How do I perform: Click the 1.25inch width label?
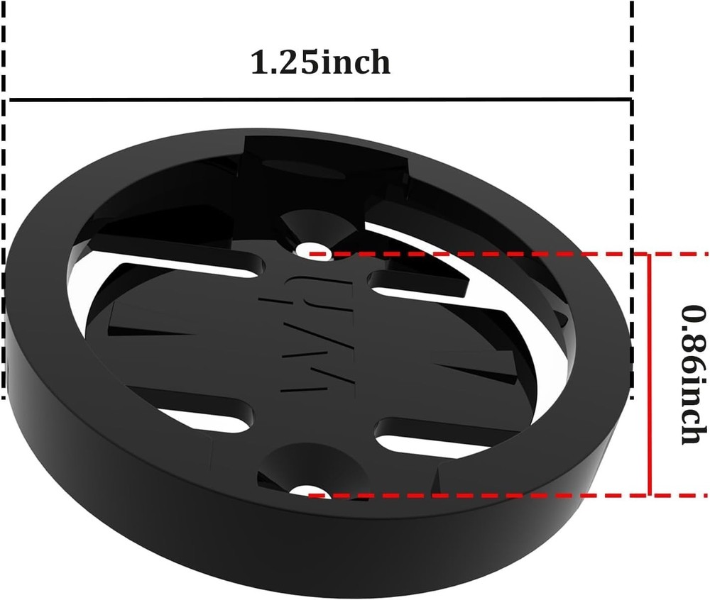pos(320,62)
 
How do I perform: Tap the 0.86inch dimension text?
pos(691,374)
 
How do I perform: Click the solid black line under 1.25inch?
pos(319,99)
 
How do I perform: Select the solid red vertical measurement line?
pos(649,374)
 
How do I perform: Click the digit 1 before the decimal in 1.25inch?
pos(260,62)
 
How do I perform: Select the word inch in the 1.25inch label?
pos(355,62)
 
